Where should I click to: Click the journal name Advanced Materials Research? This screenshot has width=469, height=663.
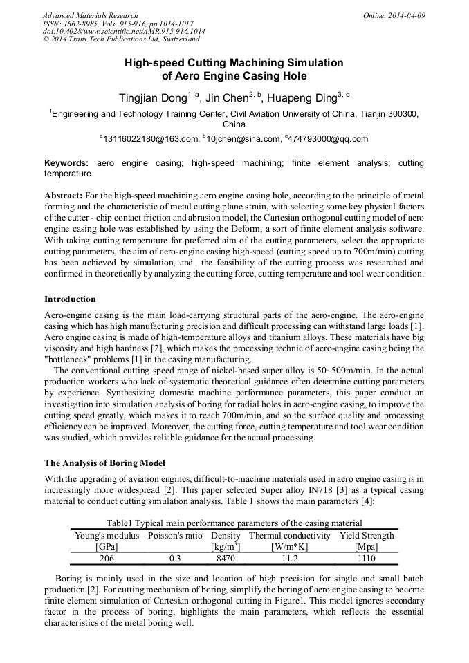click(x=90, y=15)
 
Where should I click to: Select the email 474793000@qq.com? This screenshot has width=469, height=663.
click(x=329, y=139)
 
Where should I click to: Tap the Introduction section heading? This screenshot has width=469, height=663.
click(x=70, y=299)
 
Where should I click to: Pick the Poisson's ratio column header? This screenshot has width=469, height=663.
click(x=174, y=536)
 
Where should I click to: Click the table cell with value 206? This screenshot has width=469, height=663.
click(x=107, y=558)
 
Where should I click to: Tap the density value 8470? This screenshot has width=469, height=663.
click(x=226, y=558)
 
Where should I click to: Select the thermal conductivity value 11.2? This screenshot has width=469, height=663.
click(x=290, y=558)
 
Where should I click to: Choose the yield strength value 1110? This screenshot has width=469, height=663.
click(x=367, y=558)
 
